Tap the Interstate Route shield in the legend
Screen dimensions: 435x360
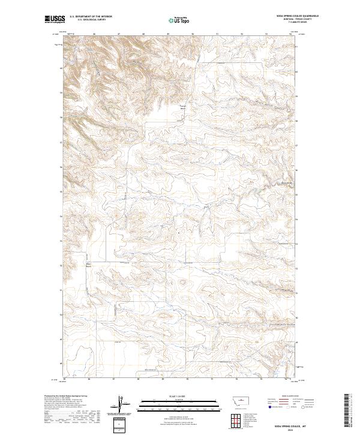point(269,406)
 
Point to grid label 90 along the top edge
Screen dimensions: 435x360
point(192,34)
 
